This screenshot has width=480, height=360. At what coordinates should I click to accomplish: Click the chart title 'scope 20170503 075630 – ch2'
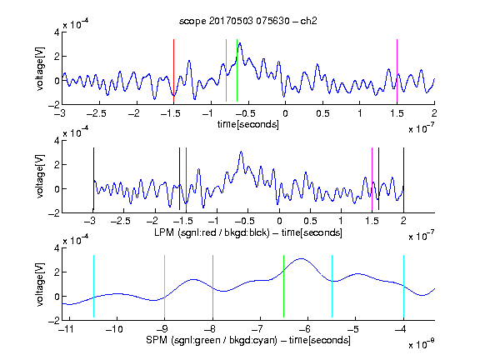(248, 21)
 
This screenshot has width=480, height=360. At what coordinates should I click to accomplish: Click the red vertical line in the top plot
(173, 70)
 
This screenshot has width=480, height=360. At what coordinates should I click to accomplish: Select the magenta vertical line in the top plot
(397, 70)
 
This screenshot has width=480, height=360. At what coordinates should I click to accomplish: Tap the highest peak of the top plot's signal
(240, 43)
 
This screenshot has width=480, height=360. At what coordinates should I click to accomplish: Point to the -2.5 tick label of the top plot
(97, 113)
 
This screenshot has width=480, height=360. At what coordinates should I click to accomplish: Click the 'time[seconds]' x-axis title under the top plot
(248, 124)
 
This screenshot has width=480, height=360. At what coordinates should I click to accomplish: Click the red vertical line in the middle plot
(186, 180)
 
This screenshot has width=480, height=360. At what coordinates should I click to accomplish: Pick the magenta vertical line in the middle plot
(372, 180)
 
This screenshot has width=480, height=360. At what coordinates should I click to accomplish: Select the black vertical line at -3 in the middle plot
(93, 180)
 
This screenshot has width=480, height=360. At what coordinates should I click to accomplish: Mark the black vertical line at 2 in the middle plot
(403, 180)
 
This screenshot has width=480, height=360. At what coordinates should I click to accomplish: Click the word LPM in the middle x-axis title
(164, 232)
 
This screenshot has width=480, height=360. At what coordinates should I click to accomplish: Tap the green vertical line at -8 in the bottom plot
(212, 286)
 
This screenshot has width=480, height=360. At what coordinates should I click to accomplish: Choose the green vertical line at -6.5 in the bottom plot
(284, 286)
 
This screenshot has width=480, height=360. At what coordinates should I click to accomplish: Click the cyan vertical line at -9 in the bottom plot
(164, 286)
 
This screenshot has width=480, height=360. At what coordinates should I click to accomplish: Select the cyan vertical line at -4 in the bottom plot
(403, 286)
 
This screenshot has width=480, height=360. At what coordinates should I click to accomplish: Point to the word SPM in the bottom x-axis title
(157, 340)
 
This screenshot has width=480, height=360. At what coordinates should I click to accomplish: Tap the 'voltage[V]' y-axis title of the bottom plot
(40, 284)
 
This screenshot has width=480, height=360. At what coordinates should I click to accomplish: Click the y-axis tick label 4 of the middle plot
(57, 141)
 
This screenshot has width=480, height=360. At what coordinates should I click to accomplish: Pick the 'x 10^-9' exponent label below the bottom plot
(421, 344)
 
